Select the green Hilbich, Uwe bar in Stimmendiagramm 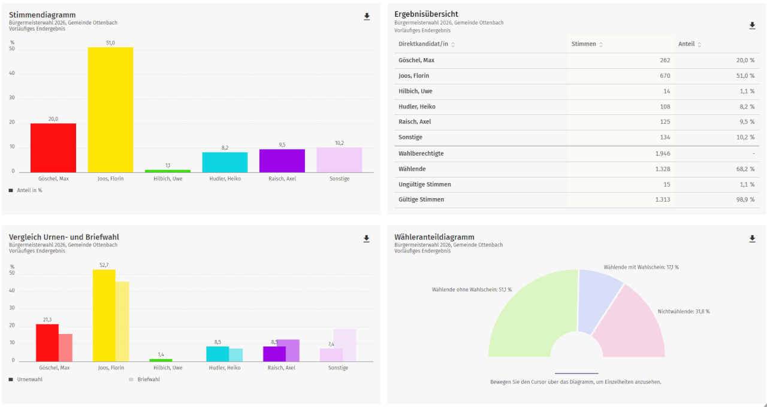click(x=167, y=171)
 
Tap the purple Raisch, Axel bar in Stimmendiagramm click(x=282, y=160)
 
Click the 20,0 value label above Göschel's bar click(x=53, y=119)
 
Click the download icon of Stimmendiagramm click(x=367, y=17)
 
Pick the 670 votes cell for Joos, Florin click(x=664, y=76)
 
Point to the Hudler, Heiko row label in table click(x=417, y=107)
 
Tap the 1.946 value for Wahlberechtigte click(x=662, y=153)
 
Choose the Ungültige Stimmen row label click(x=425, y=184)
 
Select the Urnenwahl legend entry click(x=29, y=379)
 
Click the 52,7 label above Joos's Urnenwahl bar click(x=104, y=265)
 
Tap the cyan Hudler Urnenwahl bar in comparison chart click(x=218, y=354)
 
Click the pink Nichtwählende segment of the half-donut click(x=632, y=326)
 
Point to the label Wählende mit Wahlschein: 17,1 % click(x=641, y=267)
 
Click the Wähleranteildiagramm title click(x=434, y=237)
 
